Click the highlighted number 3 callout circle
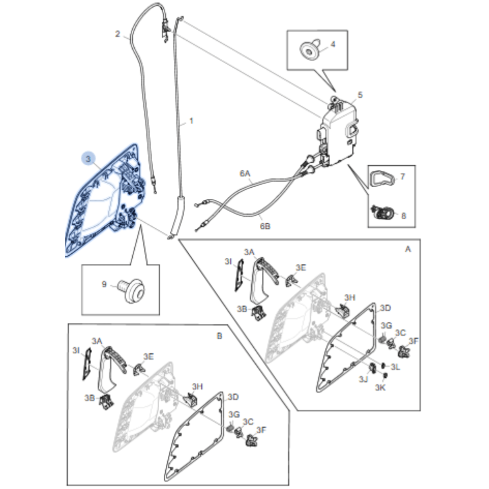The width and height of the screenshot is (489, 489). point(88,159)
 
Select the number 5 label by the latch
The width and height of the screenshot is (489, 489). point(360,95)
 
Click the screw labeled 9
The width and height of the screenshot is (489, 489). point(133,290)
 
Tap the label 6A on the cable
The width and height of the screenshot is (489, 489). point(245,173)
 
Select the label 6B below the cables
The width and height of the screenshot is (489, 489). point(265,226)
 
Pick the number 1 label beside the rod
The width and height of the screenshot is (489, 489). point(191,121)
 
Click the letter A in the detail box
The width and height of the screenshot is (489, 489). point(408,249)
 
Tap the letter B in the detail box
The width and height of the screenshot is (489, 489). point(219,336)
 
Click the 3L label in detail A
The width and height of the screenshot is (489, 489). point(395,367)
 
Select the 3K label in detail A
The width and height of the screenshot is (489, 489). point(380,388)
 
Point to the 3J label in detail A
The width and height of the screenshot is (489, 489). point(363,379)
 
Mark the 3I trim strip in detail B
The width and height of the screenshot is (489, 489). point(87,364)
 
